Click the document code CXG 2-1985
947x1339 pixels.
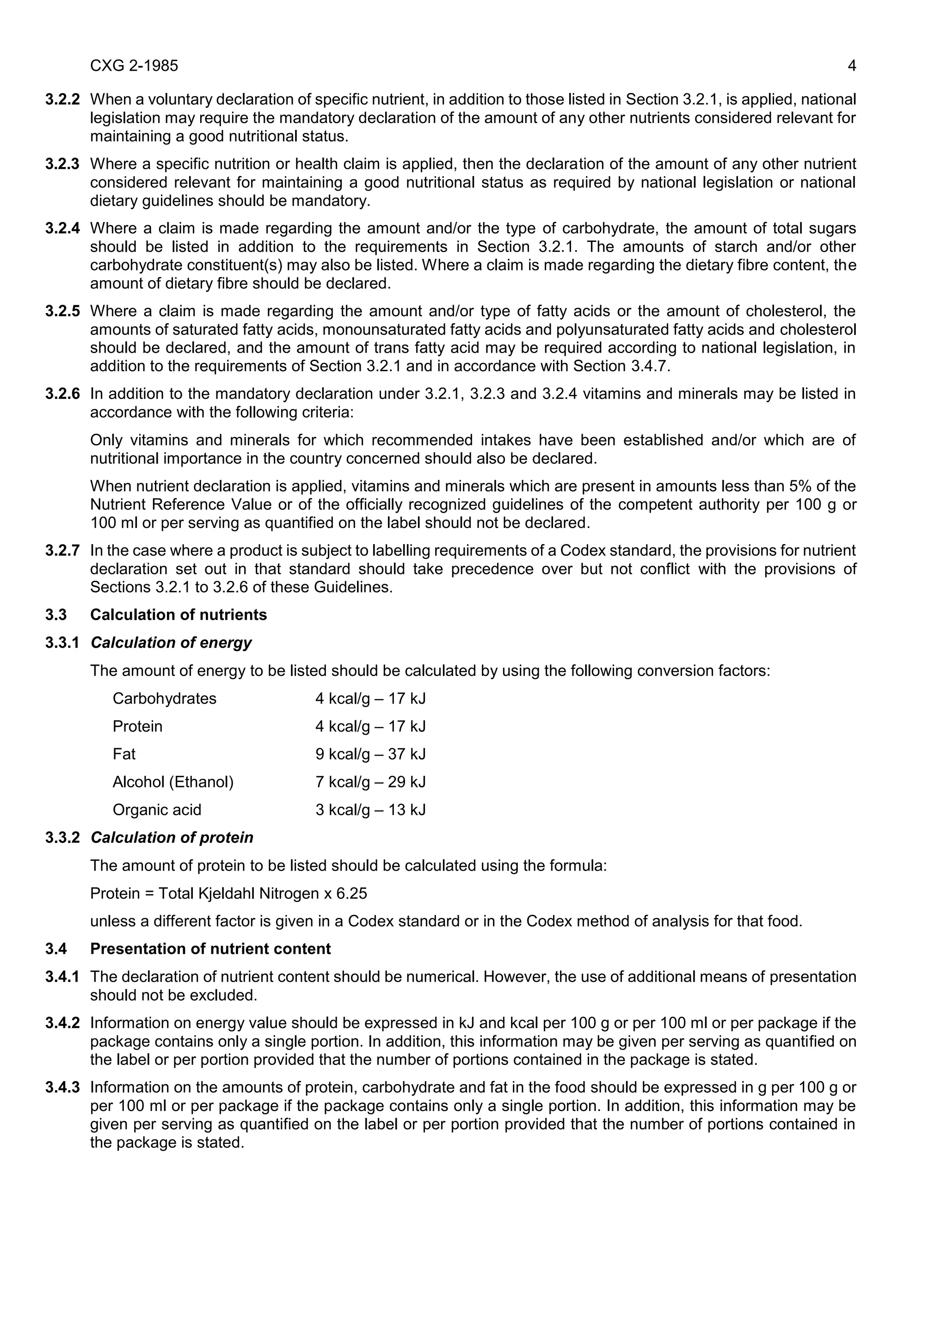[x=134, y=66]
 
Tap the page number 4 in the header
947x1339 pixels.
[x=851, y=66]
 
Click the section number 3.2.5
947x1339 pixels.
[x=62, y=312]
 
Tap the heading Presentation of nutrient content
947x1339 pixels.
[x=210, y=949]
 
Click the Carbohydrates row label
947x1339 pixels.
[x=165, y=699]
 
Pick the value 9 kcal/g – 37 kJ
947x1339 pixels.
[x=370, y=754]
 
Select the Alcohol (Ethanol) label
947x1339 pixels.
[x=173, y=782]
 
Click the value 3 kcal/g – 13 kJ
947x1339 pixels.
[x=370, y=810]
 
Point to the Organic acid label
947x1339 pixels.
[x=157, y=810]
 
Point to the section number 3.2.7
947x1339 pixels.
[x=62, y=551]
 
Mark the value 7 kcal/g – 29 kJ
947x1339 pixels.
[x=370, y=782]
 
